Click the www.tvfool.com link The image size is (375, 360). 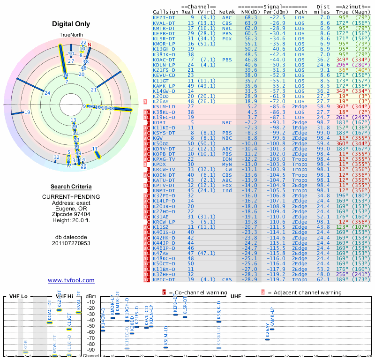[71, 280]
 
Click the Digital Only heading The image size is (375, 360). [71, 23]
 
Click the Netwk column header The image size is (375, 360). [227, 12]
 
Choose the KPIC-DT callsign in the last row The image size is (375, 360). [164, 279]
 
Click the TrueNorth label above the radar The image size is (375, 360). [71, 36]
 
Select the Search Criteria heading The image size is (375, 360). [71, 187]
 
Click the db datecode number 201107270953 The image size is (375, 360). [71, 243]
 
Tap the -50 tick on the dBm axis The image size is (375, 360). [91, 326]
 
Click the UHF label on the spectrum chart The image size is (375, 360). [237, 296]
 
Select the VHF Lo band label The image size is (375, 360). [19, 297]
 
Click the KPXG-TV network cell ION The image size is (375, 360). [227, 159]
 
